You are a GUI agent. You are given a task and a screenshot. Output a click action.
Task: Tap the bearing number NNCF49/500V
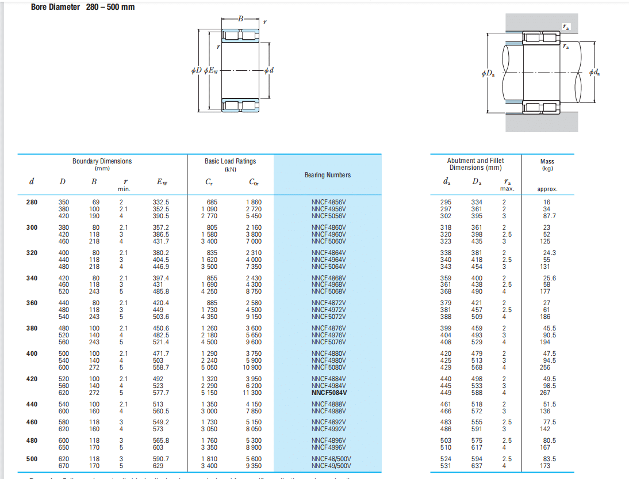(x=331, y=466)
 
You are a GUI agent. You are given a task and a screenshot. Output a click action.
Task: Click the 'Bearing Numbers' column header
(x=327, y=175)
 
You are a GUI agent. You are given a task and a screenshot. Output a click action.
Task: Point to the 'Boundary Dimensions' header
(x=102, y=161)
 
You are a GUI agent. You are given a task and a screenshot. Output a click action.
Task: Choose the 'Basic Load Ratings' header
(x=230, y=161)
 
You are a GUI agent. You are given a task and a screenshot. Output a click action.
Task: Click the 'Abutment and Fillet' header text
(x=475, y=161)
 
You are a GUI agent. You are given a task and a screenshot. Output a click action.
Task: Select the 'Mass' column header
(x=547, y=162)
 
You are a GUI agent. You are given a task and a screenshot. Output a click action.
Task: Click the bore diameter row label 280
(x=32, y=202)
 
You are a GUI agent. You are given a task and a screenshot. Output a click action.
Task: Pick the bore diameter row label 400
(x=32, y=353)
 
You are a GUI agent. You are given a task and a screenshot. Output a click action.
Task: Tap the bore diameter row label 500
(x=32, y=459)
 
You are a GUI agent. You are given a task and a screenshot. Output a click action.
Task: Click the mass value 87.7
(x=550, y=216)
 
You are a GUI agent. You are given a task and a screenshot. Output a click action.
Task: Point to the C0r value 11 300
(x=253, y=393)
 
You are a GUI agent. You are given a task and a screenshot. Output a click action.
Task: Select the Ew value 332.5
(x=161, y=202)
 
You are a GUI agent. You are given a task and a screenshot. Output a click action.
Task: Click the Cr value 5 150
(x=209, y=393)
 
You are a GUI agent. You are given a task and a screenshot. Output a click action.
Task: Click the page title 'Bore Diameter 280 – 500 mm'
(x=83, y=7)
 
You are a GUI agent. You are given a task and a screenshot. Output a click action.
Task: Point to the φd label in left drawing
(x=269, y=70)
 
